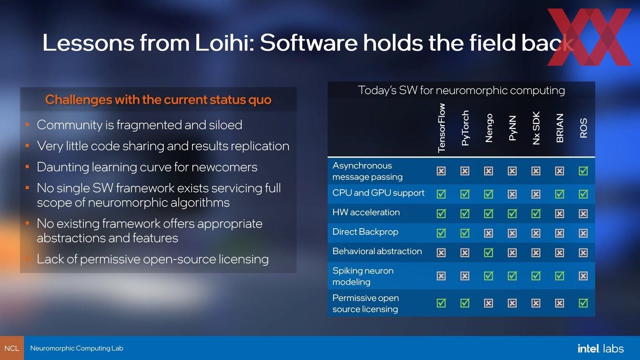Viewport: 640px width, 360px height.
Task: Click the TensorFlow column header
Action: (441, 128)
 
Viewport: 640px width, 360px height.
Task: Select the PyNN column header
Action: (512, 128)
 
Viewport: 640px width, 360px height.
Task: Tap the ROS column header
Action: (584, 128)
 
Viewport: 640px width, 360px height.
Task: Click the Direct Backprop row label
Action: (365, 232)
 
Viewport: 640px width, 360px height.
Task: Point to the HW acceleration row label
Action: (366, 212)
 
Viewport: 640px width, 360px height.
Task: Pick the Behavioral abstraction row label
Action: (377, 251)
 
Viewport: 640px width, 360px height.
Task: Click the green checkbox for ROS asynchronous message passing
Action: (584, 171)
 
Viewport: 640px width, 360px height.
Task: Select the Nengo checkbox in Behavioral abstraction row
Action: (488, 253)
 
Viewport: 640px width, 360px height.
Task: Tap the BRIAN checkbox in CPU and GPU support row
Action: (560, 194)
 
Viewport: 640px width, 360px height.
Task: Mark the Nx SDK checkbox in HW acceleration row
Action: (536, 214)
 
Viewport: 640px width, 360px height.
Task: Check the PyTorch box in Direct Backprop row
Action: (465, 233)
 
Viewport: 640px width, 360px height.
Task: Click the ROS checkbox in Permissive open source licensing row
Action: (584, 303)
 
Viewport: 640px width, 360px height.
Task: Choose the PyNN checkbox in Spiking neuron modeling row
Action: (512, 276)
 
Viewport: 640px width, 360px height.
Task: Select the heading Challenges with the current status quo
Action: (158, 100)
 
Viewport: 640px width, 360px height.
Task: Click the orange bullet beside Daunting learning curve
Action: (27, 167)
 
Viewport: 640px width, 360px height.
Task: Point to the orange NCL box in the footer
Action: (12, 348)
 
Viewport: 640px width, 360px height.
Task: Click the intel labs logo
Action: (600, 349)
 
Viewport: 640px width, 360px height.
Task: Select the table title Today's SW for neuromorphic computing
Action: (462, 90)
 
